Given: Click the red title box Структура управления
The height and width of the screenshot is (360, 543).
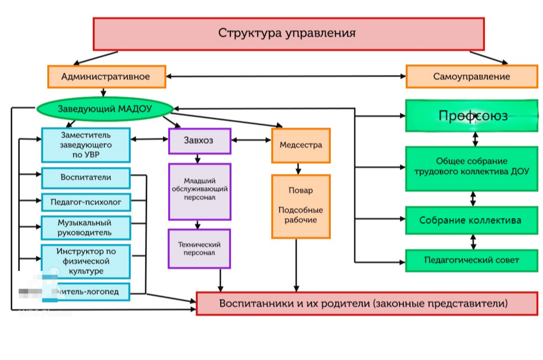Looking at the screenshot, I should [288, 33].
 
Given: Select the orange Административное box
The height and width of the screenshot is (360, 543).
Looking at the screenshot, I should [107, 76].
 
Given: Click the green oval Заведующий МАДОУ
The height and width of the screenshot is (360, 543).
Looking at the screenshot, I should [105, 109].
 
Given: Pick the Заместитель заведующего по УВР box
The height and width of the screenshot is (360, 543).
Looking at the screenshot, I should [85, 145].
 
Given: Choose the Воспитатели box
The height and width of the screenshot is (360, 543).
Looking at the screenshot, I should [85, 178].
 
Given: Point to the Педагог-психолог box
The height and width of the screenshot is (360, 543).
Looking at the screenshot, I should [85, 202].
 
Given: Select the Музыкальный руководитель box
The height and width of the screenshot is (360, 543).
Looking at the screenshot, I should [85, 227].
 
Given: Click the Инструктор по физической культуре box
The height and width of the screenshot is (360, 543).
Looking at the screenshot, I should [85, 261].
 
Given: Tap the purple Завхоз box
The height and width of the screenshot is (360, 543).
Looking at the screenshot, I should [199, 141].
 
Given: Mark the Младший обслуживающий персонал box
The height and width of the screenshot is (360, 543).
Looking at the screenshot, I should [199, 191].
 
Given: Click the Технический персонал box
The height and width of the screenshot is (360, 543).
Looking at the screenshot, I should [199, 248].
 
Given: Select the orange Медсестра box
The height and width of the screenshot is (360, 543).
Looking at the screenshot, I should [301, 145].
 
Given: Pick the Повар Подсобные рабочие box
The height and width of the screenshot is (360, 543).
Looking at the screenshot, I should [301, 206].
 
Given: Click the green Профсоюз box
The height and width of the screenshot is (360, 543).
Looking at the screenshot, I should [472, 116].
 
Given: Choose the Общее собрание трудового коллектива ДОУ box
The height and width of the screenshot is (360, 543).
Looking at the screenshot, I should [472, 169].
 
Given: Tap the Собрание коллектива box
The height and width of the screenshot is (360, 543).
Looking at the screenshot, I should [472, 221].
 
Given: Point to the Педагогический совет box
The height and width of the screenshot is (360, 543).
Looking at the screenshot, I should [472, 260].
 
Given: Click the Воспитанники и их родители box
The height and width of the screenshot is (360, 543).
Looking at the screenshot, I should [363, 304].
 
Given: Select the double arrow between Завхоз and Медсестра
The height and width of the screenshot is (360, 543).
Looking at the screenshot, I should [251, 141].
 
